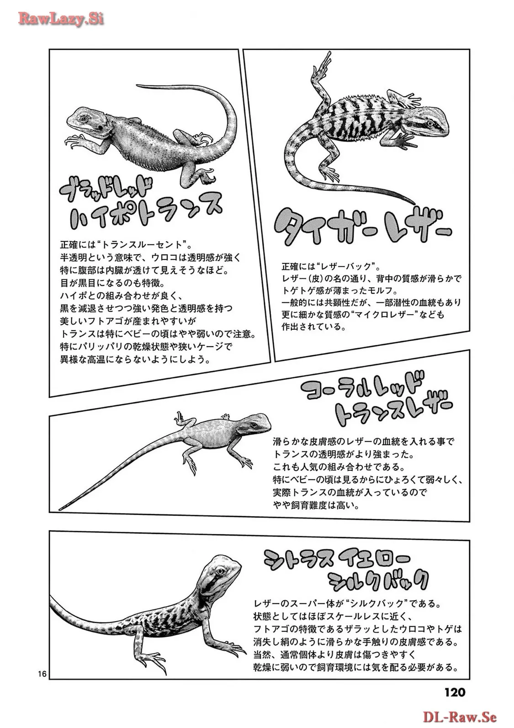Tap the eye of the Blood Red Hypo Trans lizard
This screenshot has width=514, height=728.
(85, 118)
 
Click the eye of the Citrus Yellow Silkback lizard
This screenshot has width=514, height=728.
(222, 571)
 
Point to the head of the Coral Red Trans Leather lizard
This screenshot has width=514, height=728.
(256, 423)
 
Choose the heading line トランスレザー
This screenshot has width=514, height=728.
(393, 412)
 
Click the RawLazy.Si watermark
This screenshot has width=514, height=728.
(61, 19)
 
